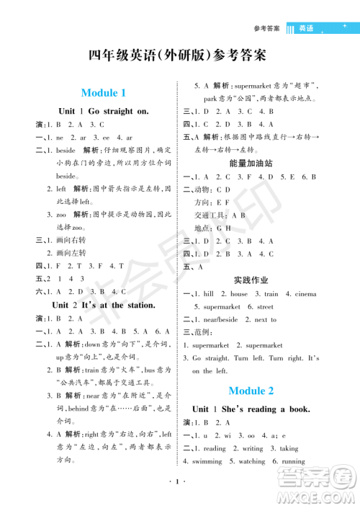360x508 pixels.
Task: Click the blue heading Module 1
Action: (104, 92)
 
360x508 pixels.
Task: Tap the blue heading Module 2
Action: (251, 391)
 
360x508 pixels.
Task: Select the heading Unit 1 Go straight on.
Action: (104, 112)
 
